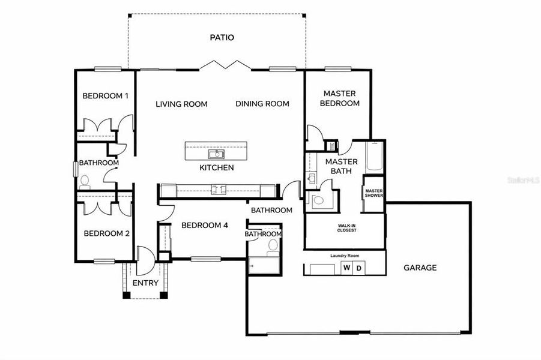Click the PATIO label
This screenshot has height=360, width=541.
point(222,37)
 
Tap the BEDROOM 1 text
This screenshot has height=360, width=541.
point(105,95)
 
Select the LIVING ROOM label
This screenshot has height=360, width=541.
point(181,104)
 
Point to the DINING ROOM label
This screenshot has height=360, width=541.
point(262,104)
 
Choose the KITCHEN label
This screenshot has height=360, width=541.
point(216,167)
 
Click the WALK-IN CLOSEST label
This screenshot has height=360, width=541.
point(343,227)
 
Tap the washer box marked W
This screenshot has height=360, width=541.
point(346,268)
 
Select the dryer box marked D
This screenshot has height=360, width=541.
point(358,268)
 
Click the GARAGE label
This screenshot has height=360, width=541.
point(420,268)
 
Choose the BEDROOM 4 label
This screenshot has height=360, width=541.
point(205,226)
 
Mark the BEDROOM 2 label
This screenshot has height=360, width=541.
point(106,233)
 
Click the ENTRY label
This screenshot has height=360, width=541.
point(145,283)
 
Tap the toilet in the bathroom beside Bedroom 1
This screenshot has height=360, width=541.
point(85,181)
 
